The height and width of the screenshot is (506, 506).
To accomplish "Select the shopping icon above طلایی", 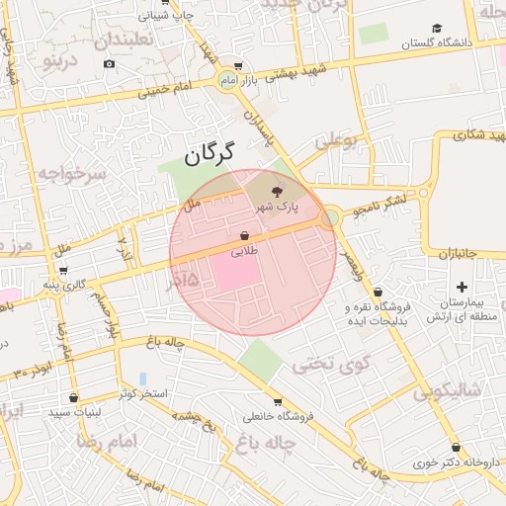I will (243, 236).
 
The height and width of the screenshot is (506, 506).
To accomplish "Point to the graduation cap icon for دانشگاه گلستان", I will (437, 29).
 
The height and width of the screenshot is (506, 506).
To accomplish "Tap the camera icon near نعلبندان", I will (108, 64).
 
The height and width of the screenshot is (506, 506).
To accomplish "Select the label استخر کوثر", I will (144, 393).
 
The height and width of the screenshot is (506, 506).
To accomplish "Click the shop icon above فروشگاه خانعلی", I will (277, 402).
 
